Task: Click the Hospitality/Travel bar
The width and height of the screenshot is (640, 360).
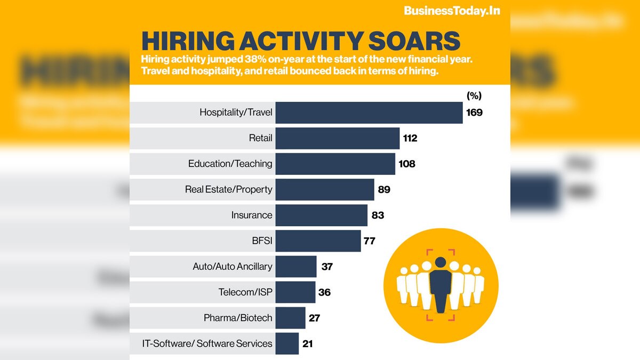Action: point(369,113)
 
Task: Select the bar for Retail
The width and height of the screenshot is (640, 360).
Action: point(337,138)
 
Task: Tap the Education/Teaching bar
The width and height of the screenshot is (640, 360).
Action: point(335,164)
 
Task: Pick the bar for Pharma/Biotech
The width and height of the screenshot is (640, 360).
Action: point(290,318)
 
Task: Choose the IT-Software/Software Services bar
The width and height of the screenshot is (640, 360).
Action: point(287,343)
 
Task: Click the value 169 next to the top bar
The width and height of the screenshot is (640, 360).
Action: point(474,113)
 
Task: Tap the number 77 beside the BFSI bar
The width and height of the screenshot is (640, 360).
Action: point(370,241)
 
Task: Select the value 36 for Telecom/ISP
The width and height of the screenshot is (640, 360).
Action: point(324,292)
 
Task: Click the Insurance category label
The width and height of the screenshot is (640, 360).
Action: point(252,215)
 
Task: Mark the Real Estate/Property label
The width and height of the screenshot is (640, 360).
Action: point(229,189)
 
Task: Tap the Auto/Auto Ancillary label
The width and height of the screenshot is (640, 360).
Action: point(233,267)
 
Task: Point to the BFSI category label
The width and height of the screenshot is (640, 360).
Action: point(262,241)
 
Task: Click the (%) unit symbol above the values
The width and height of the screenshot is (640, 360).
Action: point(474,96)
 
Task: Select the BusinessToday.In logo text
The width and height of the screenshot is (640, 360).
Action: point(452,11)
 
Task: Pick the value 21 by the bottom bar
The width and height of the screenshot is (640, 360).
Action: point(307,343)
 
